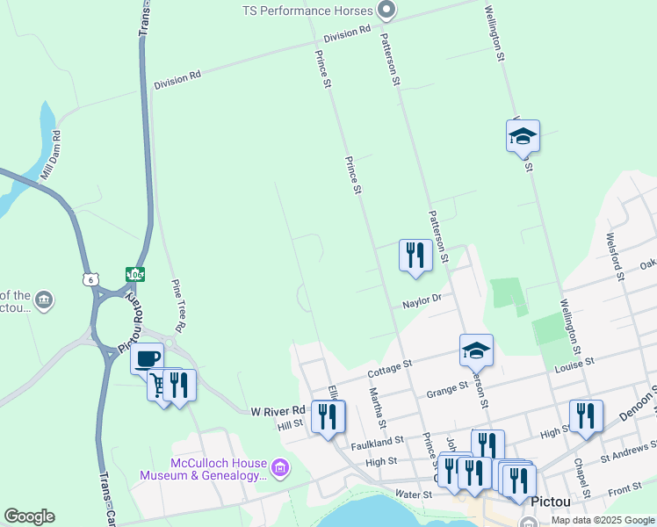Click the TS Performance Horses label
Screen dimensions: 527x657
(x=308, y=11)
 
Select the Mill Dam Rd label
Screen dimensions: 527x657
(x=50, y=156)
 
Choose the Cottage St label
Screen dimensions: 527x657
(x=390, y=369)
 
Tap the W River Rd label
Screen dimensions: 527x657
(x=278, y=410)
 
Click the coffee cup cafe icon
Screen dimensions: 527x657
(x=147, y=358)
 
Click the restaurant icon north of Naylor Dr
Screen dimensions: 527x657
(x=415, y=256)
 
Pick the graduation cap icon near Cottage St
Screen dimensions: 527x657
(x=476, y=350)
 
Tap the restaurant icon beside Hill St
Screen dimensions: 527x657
(x=328, y=416)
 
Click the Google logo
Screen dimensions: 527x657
(x=29, y=516)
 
